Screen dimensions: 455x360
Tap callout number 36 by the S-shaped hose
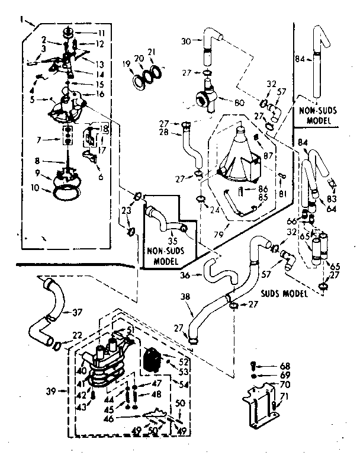pos(185,274)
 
